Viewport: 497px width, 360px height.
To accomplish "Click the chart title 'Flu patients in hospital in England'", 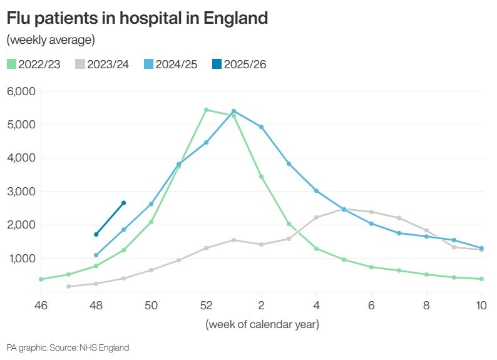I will [x=137, y=19].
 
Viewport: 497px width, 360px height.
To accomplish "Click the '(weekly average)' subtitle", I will [x=50, y=41].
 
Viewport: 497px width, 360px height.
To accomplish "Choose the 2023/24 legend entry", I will [x=102, y=64].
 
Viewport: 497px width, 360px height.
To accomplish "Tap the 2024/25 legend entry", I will [x=170, y=64].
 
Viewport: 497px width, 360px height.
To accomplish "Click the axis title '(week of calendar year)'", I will [x=262, y=324].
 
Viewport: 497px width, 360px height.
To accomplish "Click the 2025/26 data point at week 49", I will [x=123, y=203].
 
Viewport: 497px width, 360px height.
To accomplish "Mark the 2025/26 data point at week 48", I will [x=96, y=234].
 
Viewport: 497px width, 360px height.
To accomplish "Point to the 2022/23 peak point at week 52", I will [x=206, y=110].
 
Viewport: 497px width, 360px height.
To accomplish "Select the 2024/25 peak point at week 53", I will [x=233, y=111].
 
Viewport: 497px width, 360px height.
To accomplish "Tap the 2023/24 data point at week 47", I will [x=68, y=287].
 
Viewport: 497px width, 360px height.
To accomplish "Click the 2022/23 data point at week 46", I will [x=41, y=279].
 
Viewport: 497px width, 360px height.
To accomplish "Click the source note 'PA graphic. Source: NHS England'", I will [x=68, y=347].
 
